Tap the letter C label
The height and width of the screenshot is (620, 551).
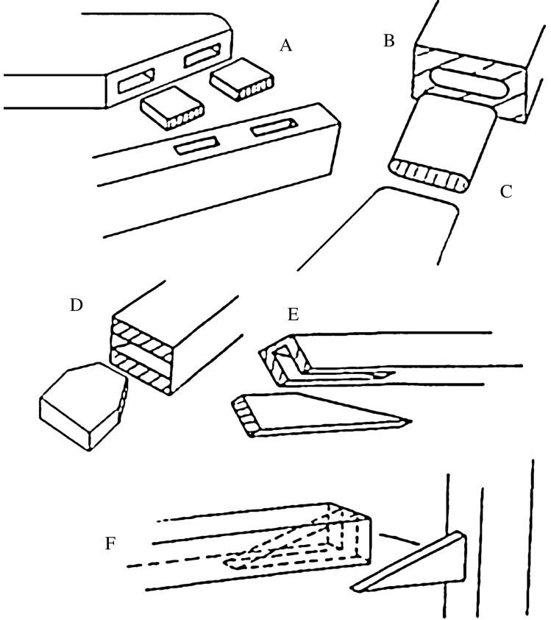[505, 192]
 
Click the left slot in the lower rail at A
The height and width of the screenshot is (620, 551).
[195, 147]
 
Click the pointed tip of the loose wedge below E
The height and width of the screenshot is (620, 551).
[408, 422]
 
